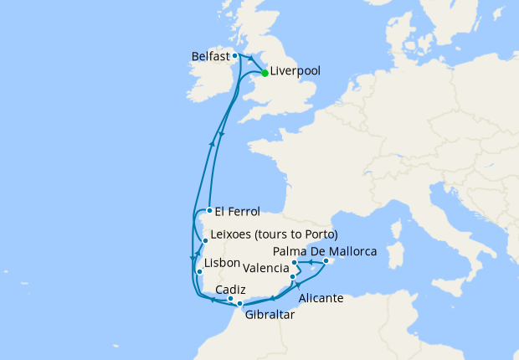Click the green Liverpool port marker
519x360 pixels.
[265, 73]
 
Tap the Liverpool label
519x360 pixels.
[295, 72]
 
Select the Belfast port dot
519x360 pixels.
[235, 56]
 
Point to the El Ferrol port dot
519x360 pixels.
[208, 210]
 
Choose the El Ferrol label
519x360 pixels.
[238, 211]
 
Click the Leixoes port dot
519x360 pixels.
[205, 241]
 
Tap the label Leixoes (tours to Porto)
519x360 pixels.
[276, 234]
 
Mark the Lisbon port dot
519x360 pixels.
[199, 272]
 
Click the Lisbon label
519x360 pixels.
[222, 262]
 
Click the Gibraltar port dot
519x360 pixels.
[240, 303]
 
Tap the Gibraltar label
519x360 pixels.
[270, 316]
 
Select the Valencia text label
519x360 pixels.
[267, 269]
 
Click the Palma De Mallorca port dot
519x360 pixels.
[325, 261]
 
